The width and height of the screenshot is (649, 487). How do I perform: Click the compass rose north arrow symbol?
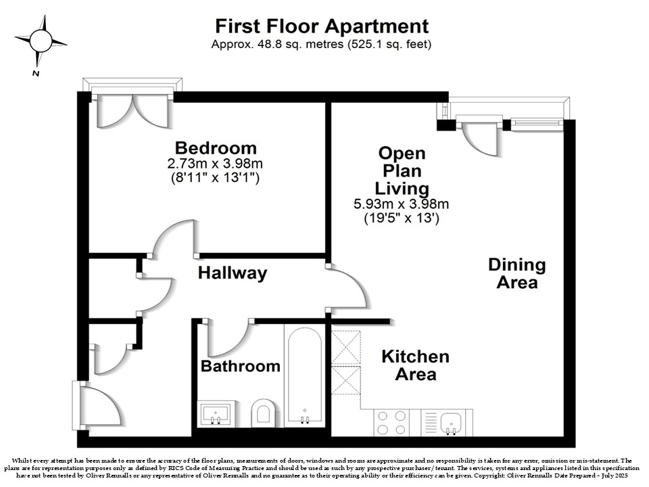point(41,41)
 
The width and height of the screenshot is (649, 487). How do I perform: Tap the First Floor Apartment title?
point(322,26)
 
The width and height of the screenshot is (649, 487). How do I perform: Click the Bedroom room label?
point(216,148)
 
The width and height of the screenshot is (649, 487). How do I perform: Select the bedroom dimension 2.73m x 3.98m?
point(215,164)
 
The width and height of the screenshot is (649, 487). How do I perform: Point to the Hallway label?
point(233,273)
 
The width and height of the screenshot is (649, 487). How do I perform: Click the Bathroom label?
point(241,366)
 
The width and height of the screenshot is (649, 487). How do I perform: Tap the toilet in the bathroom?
point(263,413)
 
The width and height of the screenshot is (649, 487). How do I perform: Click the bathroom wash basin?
point(216,413)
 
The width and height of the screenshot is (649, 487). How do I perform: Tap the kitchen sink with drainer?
point(447,422)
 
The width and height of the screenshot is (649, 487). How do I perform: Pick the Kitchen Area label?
point(416,365)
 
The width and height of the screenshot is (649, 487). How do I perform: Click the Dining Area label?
point(517,273)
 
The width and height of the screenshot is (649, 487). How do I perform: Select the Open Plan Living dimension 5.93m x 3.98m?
point(402,204)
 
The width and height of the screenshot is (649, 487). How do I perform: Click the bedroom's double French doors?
point(133,110)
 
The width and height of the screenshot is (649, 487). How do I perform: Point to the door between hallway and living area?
point(347,287)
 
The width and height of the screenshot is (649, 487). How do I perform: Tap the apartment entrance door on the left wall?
point(98,405)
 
